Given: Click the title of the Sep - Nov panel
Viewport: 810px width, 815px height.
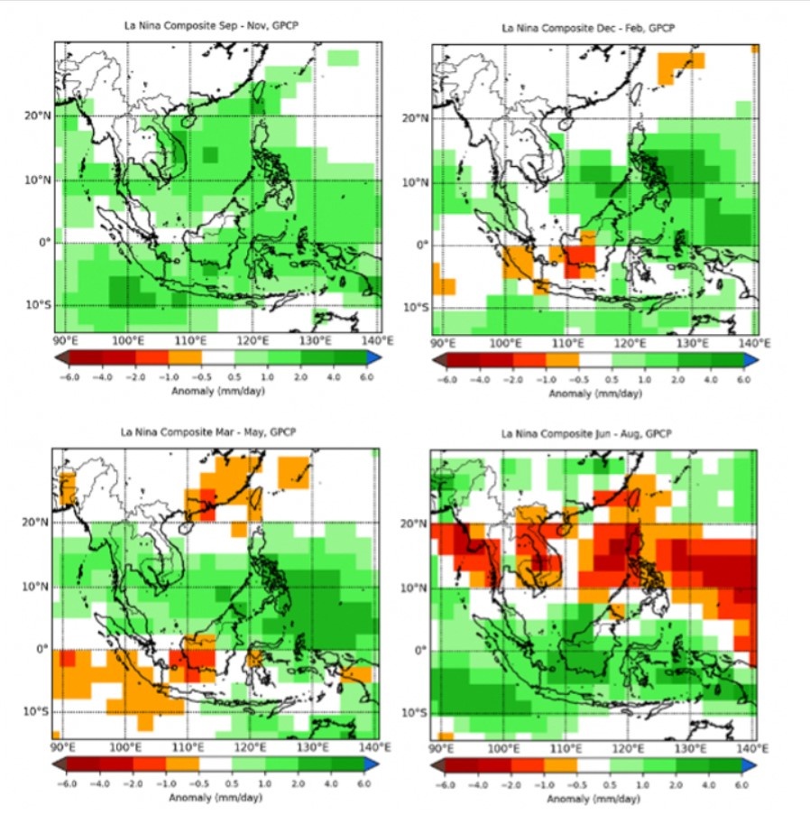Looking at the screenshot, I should click(x=211, y=25).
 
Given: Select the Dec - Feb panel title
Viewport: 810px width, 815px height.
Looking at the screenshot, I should click(x=589, y=29).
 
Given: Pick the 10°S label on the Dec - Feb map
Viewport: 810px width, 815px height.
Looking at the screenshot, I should click(x=415, y=308).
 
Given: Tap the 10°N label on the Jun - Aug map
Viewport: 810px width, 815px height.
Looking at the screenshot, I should click(x=414, y=588).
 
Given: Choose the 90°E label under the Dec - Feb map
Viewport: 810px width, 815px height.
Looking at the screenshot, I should click(x=442, y=344).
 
